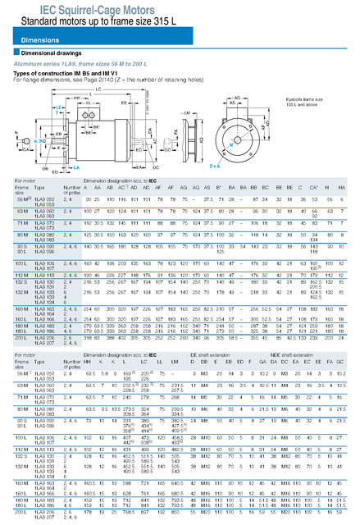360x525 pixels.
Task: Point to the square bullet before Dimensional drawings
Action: click(16, 53)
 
